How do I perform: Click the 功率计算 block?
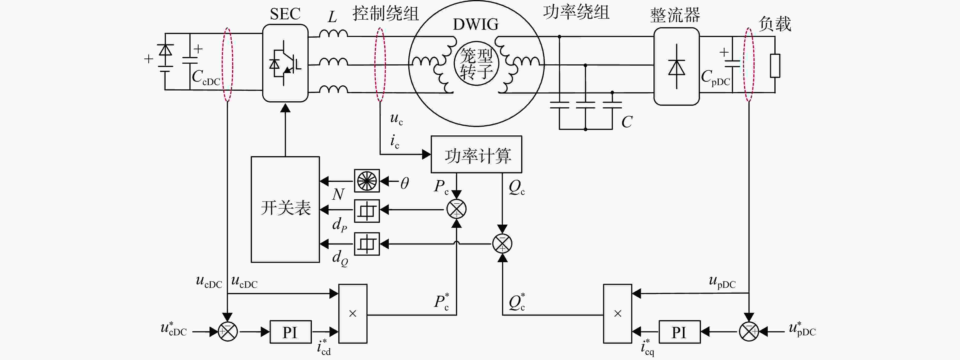click(476, 154)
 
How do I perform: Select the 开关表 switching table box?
click(285, 209)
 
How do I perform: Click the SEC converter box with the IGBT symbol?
click(285, 63)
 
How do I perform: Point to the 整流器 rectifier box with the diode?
click(676, 66)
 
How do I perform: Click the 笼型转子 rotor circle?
click(476, 63)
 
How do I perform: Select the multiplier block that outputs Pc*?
click(353, 314)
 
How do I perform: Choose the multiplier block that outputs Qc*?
click(617, 314)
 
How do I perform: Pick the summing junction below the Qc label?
click(502, 244)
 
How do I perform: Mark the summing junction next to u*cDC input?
click(227, 331)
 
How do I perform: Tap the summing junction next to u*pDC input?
click(749, 331)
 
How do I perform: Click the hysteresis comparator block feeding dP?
click(367, 211)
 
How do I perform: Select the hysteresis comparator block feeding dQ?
click(367, 244)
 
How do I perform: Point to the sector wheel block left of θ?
click(367, 181)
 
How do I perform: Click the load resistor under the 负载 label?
click(775, 66)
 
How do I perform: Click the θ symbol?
click(405, 183)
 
